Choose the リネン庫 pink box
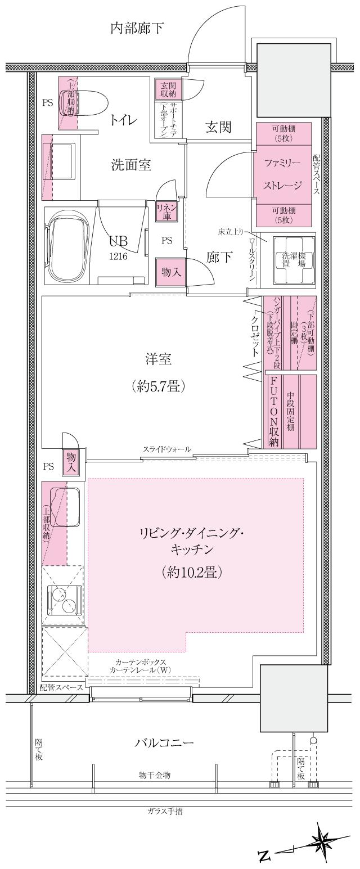(x=167, y=211)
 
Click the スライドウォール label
(x=166, y=449)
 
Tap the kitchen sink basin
(x=65, y=506)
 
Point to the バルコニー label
(x=164, y=742)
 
